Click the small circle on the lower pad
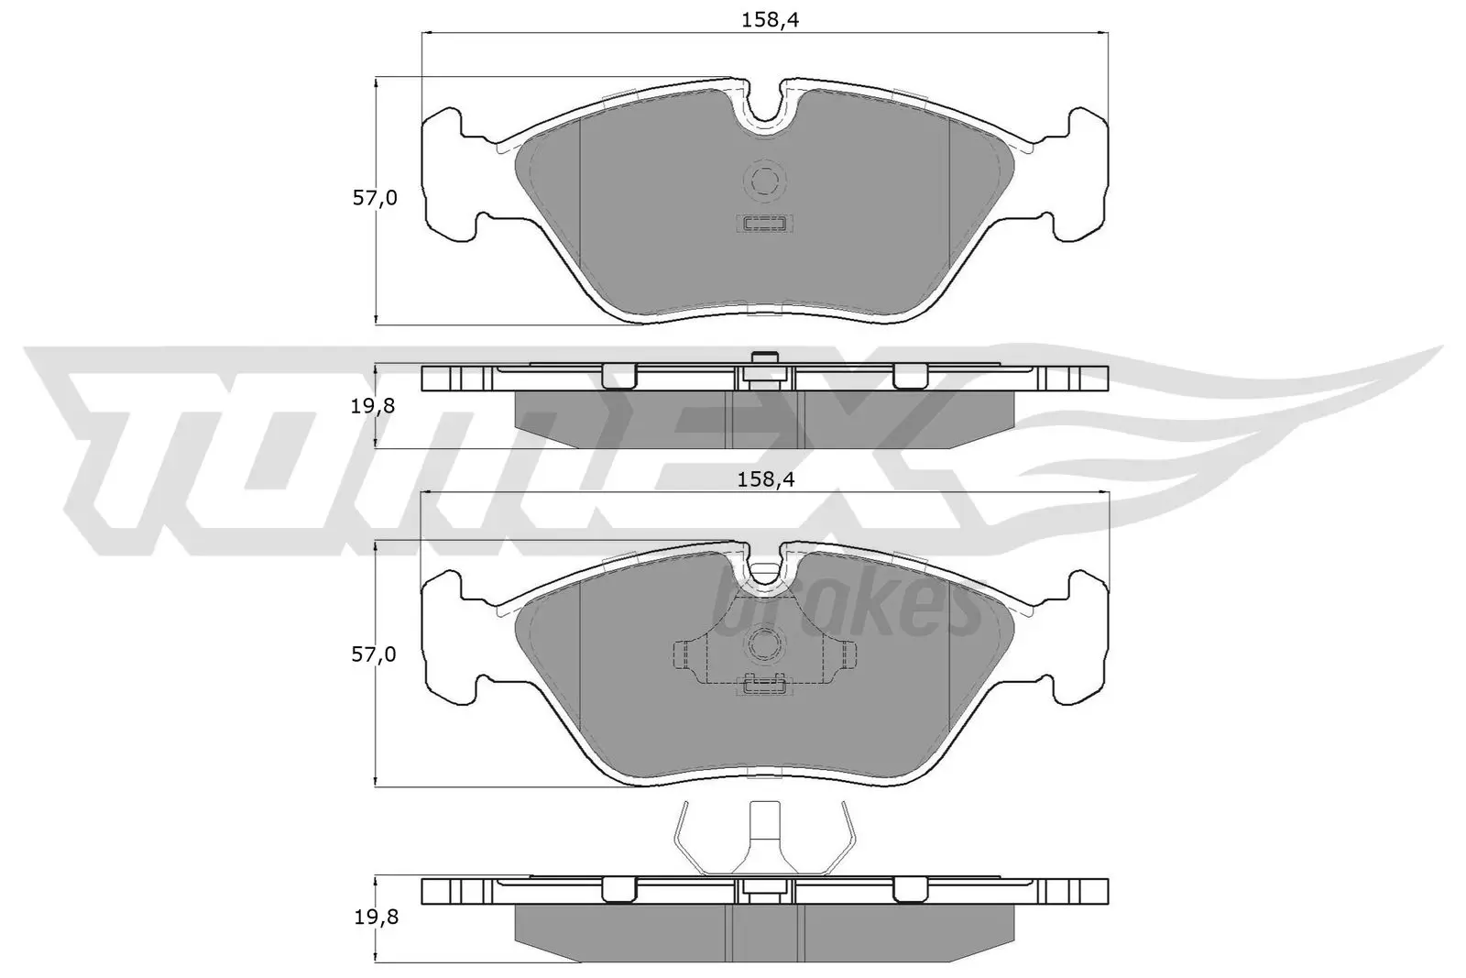pos(764,642)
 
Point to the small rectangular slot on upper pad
pos(764,223)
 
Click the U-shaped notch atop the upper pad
pos(765,110)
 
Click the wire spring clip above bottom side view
pos(764,839)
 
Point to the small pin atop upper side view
pos(764,358)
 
